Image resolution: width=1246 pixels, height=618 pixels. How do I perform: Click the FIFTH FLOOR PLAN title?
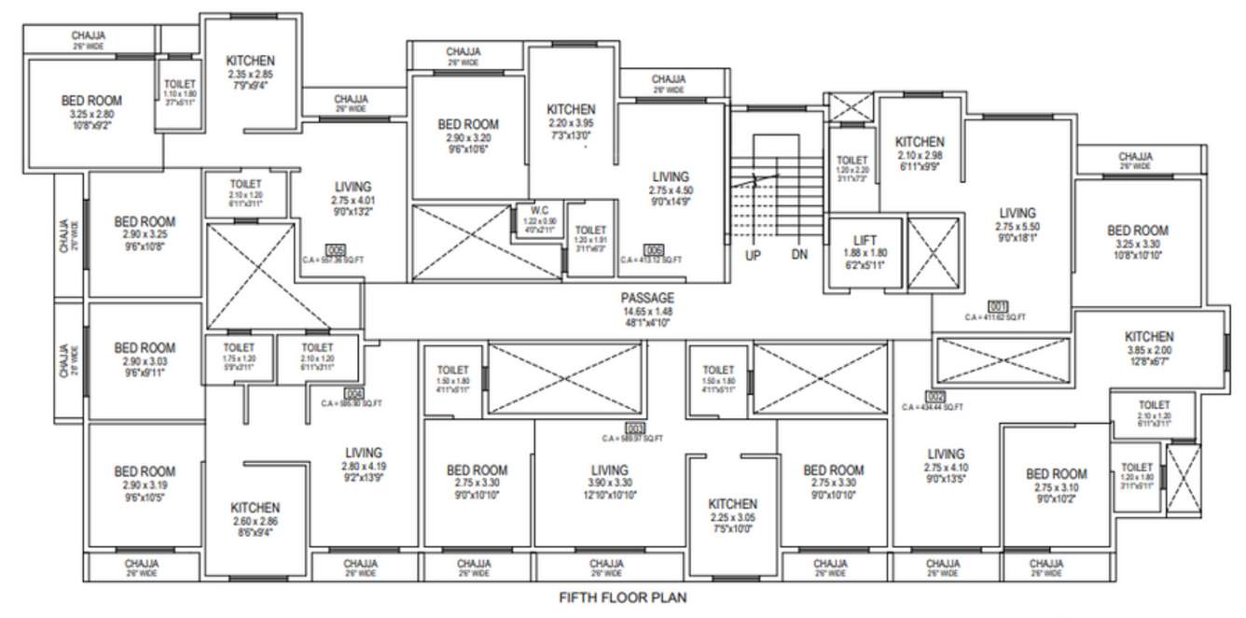point(622,597)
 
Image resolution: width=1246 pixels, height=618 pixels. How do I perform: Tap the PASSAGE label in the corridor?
point(647,298)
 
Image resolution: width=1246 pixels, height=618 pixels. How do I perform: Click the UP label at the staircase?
point(753,255)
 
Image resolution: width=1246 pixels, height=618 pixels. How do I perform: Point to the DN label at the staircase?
point(799,255)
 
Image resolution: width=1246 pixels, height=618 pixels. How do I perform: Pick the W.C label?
point(539,210)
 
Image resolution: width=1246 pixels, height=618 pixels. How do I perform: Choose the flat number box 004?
point(353,393)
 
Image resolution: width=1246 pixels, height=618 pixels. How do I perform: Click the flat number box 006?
point(654,249)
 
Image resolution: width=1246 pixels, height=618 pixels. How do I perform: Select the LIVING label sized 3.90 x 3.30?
point(610,470)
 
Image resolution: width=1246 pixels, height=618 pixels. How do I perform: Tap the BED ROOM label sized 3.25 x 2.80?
point(91,101)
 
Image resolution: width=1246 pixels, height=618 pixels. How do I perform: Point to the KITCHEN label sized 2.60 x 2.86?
point(255,507)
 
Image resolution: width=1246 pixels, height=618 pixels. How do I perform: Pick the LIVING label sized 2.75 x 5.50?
point(1018,213)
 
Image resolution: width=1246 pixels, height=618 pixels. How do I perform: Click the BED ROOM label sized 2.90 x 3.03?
point(145,347)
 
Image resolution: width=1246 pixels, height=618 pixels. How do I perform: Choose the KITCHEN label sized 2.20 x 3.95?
point(571,109)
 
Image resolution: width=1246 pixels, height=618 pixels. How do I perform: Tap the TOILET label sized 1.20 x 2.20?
point(851,161)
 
